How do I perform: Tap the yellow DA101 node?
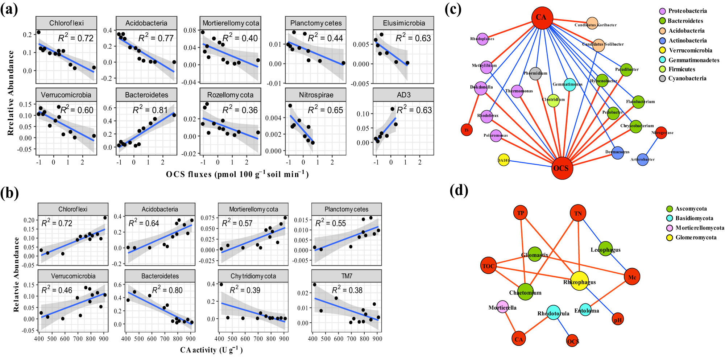coord(504,160)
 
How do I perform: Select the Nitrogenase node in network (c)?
coord(661,133)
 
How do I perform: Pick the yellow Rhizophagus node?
coord(579,281)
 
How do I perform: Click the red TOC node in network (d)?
coord(488,266)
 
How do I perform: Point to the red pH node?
coord(618,319)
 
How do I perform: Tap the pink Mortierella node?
coord(502,307)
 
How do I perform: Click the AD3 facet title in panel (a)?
coord(403,95)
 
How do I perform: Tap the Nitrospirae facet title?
coord(316,95)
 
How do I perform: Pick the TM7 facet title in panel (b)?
coord(347,276)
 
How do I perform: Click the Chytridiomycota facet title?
coord(253,276)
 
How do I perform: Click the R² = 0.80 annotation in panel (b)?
coord(167,290)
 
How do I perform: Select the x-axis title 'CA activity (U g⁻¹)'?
coord(211,350)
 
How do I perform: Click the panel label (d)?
coord(459,190)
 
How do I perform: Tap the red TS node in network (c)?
coord(467,130)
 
